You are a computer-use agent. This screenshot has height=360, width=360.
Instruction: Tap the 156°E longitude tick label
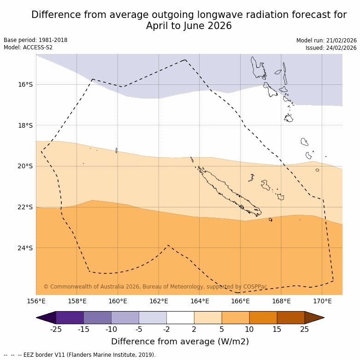point(36,301)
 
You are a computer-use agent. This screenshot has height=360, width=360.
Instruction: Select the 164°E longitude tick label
point(200,301)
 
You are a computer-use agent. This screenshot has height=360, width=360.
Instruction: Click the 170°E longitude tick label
point(322,301)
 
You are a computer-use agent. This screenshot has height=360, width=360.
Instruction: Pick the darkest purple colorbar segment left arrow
point(46,318)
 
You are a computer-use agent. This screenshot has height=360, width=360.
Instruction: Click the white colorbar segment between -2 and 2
point(180,318)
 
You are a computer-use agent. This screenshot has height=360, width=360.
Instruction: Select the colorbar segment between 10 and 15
point(263,318)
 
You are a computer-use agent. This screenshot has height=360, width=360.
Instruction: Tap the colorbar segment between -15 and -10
point(98,318)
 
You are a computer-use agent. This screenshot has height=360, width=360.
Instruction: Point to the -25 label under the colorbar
point(56,329)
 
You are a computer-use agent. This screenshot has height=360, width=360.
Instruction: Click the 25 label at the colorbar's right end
point(305,329)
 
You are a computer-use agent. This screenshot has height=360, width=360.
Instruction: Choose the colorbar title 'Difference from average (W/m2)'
point(180,342)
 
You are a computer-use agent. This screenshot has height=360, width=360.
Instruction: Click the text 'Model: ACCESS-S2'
point(28,47)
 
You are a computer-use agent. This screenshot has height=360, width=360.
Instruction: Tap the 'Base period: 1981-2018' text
point(35,40)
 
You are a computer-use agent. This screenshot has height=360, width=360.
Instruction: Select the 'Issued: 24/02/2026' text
point(331,48)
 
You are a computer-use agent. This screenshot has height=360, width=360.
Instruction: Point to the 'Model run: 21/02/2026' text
point(326,41)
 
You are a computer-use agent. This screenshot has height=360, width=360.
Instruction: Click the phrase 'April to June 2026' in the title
point(189,26)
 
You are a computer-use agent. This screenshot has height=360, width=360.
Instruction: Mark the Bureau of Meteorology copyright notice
point(155,287)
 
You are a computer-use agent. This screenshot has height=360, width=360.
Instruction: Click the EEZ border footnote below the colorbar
point(80,355)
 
